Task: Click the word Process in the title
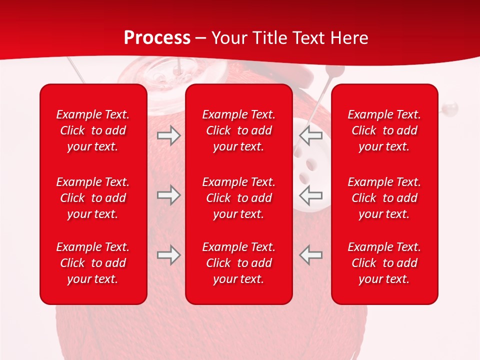[157, 38]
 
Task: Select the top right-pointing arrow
[168, 135]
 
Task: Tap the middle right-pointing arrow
[168, 195]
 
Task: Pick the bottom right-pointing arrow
[168, 255]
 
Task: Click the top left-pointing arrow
[311, 135]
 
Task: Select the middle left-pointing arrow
[311, 195]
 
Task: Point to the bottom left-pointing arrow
[311, 255]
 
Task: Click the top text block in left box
[93, 130]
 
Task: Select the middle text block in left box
[93, 198]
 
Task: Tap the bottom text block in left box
[93, 263]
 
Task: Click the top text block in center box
[238, 130]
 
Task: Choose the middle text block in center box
[238, 198]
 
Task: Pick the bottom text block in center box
[238, 263]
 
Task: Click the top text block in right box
[384, 130]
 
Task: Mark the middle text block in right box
[384, 198]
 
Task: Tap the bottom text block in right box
[384, 263]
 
